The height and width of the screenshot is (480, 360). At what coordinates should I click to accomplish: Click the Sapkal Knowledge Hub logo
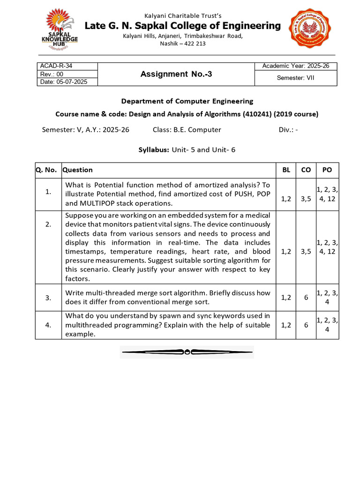(61, 29)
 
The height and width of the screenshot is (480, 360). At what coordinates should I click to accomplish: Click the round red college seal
(312, 29)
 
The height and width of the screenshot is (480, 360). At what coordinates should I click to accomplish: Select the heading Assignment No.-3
(176, 74)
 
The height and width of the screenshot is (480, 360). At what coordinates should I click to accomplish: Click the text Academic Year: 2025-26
(295, 66)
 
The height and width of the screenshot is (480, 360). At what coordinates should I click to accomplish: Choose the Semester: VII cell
(295, 78)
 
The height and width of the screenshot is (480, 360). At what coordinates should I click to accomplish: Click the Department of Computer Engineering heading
(187, 101)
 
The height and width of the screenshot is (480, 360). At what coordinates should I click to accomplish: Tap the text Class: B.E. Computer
(187, 130)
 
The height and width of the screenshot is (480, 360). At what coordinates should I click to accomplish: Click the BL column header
(286, 170)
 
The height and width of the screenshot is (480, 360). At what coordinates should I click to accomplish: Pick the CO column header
(306, 170)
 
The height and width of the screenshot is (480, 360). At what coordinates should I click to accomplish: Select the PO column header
(326, 170)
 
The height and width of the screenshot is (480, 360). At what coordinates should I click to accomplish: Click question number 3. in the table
(48, 297)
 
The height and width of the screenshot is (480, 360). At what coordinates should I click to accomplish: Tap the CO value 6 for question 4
(306, 324)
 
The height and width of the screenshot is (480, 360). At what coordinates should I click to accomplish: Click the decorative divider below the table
(187, 352)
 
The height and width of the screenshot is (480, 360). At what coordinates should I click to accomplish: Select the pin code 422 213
(195, 44)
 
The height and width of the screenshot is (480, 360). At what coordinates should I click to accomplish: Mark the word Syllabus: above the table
(154, 150)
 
